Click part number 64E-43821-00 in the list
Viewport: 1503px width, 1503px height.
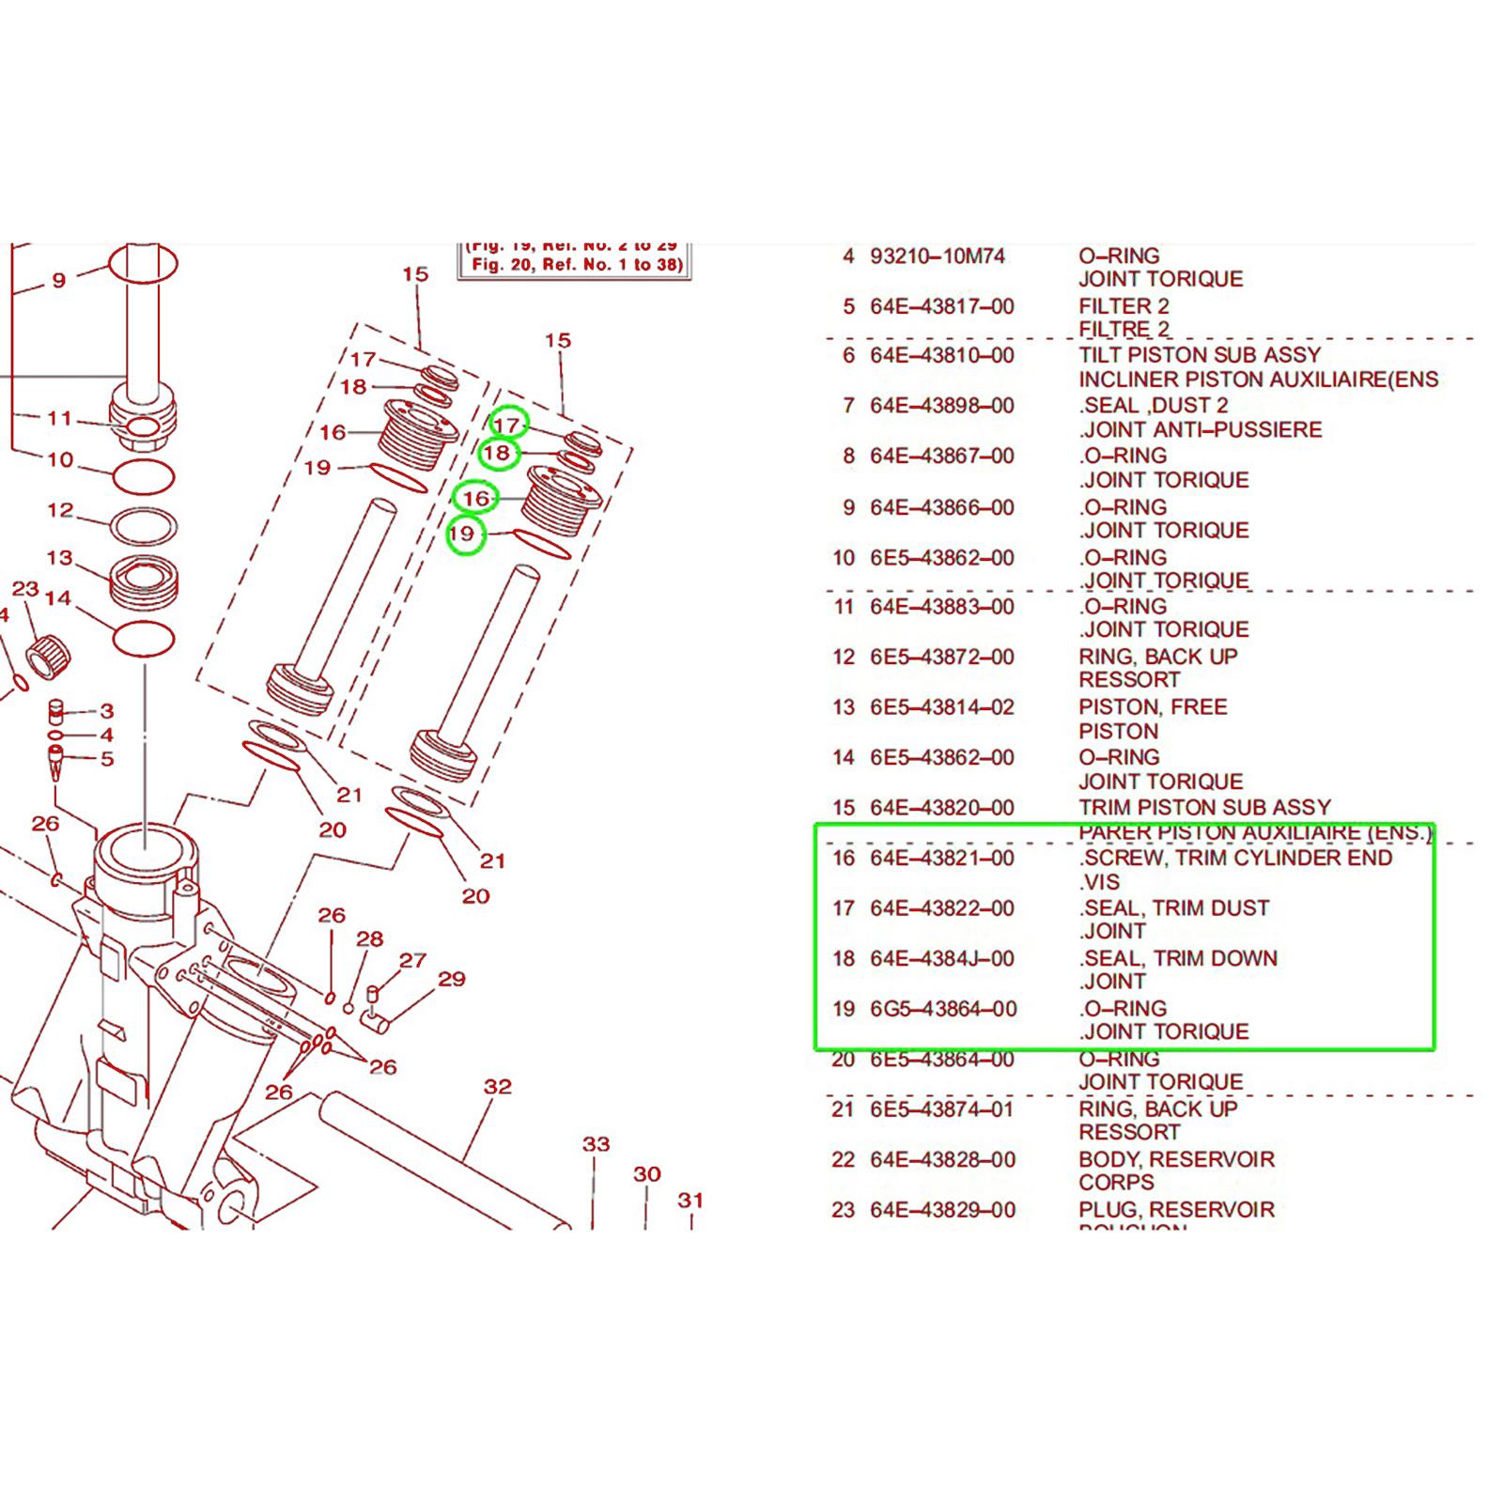941,858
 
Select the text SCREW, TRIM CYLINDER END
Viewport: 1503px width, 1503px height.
1236,858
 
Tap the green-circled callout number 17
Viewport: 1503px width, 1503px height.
507,425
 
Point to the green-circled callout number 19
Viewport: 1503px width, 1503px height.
463,535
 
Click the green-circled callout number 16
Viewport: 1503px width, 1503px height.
476,498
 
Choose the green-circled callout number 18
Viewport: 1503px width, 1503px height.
497,454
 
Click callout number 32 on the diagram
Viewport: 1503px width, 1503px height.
498,1087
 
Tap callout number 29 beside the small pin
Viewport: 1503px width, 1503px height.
452,979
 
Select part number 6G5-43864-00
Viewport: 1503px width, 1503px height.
943,1009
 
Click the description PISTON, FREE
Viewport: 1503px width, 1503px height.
1153,707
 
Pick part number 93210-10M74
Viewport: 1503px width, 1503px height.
937,256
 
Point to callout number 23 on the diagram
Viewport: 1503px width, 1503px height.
25,589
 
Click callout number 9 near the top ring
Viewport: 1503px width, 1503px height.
59,280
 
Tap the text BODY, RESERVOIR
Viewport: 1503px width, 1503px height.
1176,1159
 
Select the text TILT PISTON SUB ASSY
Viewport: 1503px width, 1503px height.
1200,355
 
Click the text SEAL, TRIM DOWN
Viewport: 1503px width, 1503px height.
1180,958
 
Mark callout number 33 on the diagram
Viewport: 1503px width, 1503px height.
597,1144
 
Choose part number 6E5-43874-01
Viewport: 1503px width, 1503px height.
942,1109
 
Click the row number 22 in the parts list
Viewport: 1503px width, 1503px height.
843,1160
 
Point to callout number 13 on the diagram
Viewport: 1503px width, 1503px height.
59,558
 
